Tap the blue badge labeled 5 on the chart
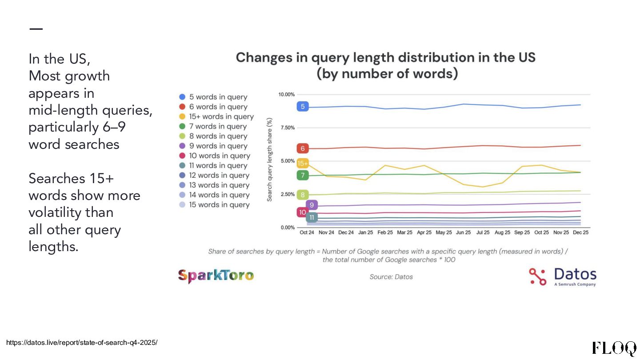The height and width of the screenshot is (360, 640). pos(303,106)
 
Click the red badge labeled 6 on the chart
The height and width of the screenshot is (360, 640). pos(303,148)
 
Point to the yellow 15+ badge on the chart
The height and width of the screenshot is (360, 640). pos(303,163)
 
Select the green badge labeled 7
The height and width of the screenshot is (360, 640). pos(303,175)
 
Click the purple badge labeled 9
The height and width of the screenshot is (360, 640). pos(312,205)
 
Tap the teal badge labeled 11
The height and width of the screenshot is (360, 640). pos(312,217)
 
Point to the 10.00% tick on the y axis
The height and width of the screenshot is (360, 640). pos(287,94)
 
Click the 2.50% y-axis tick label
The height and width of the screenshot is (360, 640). pos(287,194)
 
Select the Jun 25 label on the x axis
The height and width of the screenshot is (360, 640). pos(463,232)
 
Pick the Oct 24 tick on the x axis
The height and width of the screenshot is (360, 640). pos(307,232)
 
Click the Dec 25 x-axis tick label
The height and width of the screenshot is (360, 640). pos(580,232)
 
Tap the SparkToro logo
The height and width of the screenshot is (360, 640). pos(216,276)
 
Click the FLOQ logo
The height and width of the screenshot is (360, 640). pos(614,348)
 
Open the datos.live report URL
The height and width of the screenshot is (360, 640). pos(82,343)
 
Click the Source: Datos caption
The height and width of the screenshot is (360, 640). pos(391,277)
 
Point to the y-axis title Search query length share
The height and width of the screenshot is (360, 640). pos(270,160)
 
